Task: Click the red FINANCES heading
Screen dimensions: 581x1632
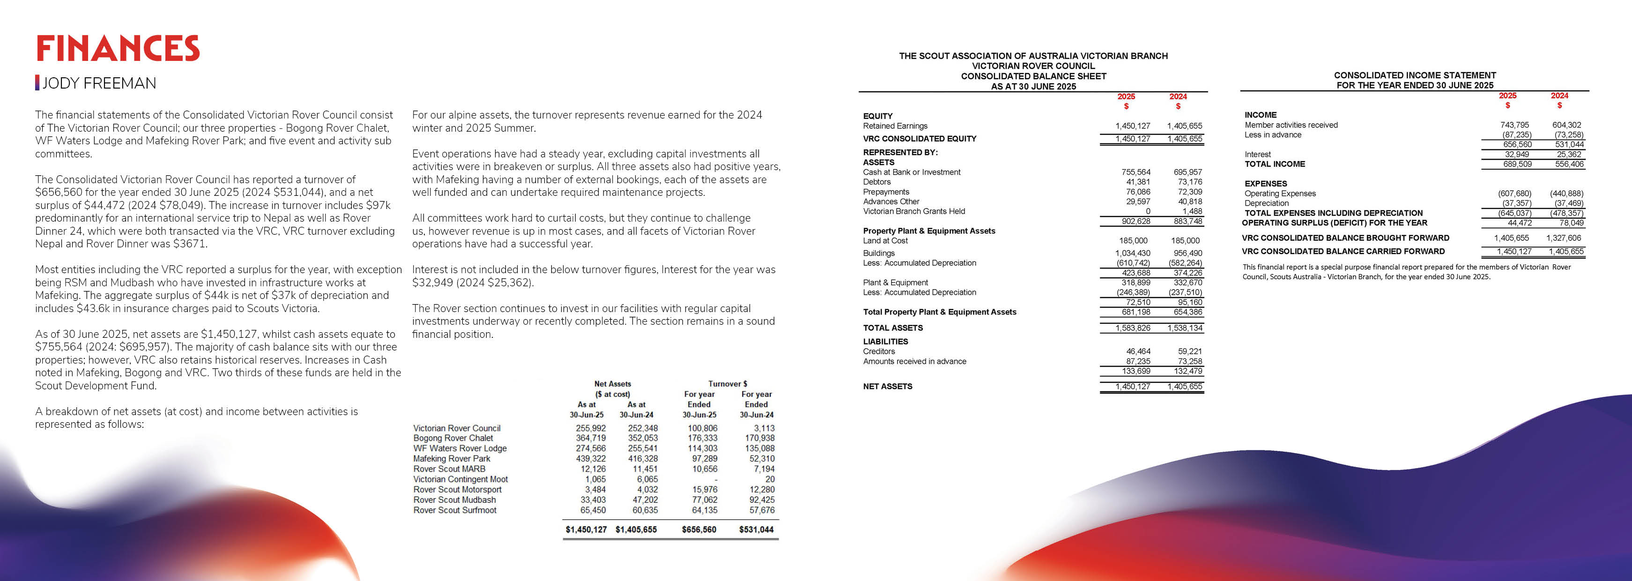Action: pyautogui.click(x=118, y=49)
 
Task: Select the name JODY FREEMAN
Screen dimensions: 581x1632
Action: pyautogui.click(x=99, y=83)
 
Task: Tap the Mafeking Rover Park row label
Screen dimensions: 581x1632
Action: pyautogui.click(x=452, y=459)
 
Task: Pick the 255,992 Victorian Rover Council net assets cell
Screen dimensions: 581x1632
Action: pyautogui.click(x=591, y=428)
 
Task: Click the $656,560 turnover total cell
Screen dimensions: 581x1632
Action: pyautogui.click(x=699, y=529)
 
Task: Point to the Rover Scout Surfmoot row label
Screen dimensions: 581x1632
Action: pyautogui.click(x=455, y=510)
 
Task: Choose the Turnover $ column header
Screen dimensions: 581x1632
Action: pyautogui.click(x=727, y=384)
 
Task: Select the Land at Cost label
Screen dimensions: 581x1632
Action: pyautogui.click(x=885, y=241)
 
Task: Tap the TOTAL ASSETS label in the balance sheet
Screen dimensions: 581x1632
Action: pyautogui.click(x=893, y=328)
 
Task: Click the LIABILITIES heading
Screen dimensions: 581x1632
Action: pyautogui.click(x=885, y=342)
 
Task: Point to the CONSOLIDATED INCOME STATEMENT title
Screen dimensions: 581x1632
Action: pyautogui.click(x=1415, y=75)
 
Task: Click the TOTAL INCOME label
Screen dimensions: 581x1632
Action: pyautogui.click(x=1275, y=164)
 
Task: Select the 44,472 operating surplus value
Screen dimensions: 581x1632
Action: pyautogui.click(x=1519, y=223)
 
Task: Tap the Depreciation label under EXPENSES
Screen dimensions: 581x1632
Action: pyautogui.click(x=1267, y=203)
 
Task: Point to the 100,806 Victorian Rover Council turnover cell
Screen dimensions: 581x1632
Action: pyautogui.click(x=702, y=428)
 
